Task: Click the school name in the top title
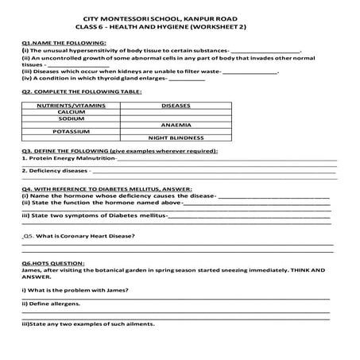[180, 17]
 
